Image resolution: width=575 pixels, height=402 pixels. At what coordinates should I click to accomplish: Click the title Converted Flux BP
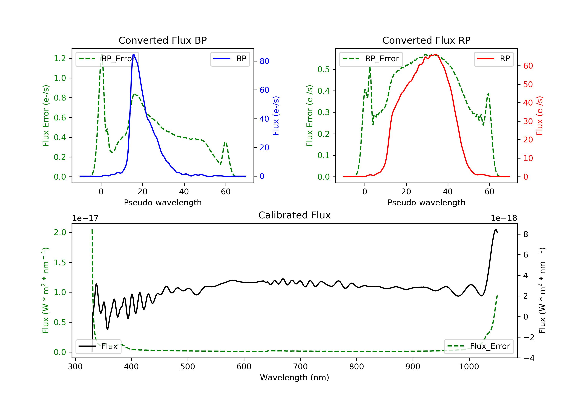point(163,40)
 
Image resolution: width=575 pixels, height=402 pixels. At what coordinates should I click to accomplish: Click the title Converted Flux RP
point(426,40)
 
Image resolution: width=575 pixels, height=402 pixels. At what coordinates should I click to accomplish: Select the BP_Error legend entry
point(107,59)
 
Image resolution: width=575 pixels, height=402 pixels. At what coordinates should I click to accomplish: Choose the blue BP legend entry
point(230,59)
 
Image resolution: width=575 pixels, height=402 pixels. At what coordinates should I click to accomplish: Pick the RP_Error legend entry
point(371,59)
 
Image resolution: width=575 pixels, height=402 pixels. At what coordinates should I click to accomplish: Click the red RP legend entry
point(494,59)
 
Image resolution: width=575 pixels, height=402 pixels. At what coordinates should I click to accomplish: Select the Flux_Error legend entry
point(479,346)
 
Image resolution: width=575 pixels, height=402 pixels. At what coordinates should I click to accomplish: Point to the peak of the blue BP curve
point(133,54)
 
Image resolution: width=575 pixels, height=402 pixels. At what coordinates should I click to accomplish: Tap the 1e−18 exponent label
point(504,218)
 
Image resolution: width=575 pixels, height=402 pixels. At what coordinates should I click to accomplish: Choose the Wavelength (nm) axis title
point(295,377)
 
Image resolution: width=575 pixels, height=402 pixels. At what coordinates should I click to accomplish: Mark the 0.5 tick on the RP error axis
point(324,69)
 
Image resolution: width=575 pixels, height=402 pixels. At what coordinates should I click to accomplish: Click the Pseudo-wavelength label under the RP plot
point(426,202)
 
